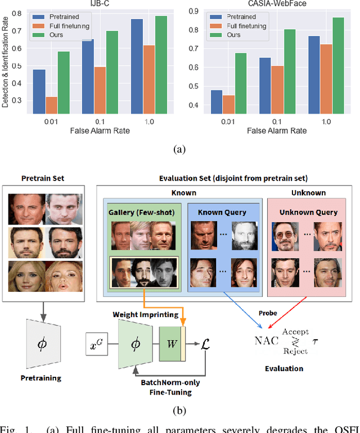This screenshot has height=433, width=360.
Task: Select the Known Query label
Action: pos(224,213)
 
